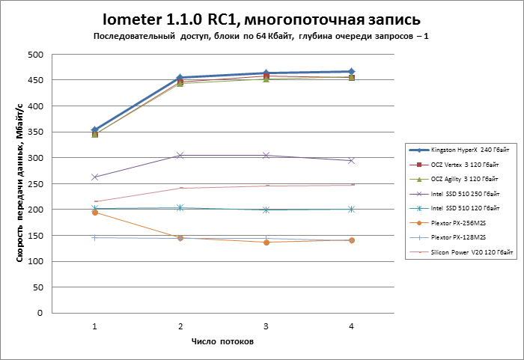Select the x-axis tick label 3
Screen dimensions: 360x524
(x=266, y=326)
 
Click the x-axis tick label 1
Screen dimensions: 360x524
(x=95, y=326)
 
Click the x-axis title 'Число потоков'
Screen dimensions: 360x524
(x=223, y=342)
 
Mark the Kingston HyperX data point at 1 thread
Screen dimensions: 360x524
(x=95, y=130)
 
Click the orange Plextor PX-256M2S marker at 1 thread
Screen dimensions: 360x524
(x=95, y=213)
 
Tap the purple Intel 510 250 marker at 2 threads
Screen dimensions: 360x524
(x=180, y=156)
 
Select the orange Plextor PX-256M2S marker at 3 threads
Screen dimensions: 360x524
(x=266, y=242)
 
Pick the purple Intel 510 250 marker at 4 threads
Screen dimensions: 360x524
(x=351, y=161)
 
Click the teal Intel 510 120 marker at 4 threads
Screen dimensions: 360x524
(x=351, y=210)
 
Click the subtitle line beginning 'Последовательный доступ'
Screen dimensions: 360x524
(x=261, y=37)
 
